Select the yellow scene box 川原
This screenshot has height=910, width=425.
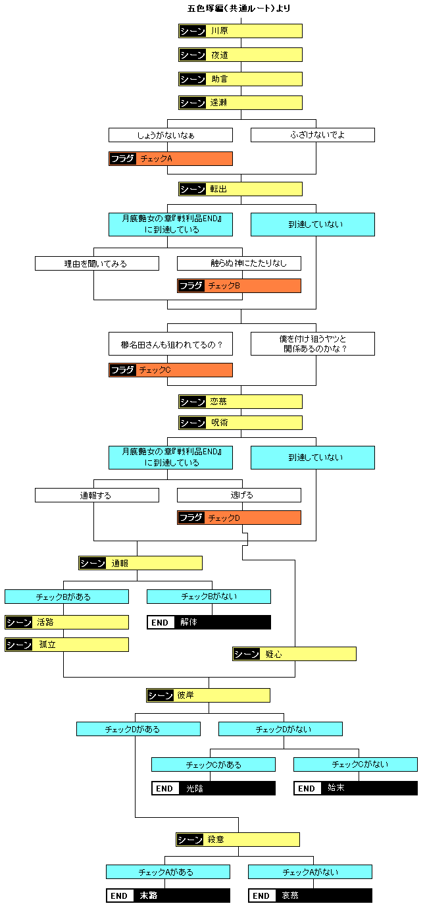point(240,31)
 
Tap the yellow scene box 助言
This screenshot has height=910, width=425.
point(240,79)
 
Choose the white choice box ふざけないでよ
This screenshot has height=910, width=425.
point(312,135)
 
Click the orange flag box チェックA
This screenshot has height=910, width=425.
point(170,159)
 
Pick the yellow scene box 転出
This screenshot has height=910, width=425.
point(240,189)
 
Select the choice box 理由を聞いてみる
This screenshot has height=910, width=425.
point(97,263)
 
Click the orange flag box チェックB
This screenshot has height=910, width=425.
point(239,286)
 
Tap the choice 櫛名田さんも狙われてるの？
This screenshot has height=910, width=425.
point(170,344)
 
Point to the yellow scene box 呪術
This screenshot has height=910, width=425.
point(240,423)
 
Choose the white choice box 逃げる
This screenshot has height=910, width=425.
point(239,495)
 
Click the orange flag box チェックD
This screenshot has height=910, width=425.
point(239,518)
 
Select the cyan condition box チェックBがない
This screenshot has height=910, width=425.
point(209,597)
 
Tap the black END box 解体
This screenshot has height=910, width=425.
point(209,622)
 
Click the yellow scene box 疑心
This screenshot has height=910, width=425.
point(294,654)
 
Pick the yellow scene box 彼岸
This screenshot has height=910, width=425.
point(208,695)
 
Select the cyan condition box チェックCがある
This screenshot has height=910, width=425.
point(213,764)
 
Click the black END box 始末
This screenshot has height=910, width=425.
point(355,788)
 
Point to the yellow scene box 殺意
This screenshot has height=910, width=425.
point(238,840)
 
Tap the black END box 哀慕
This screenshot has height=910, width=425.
point(310,896)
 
